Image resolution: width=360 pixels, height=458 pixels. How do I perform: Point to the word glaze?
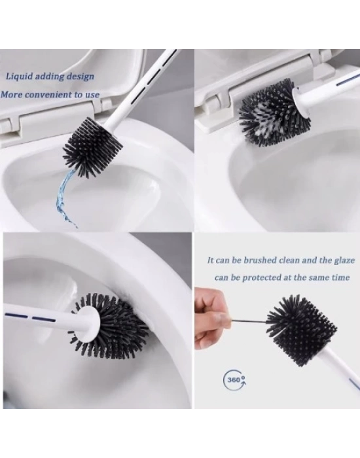[344, 260]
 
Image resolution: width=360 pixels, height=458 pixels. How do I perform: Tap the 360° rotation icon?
[234, 379]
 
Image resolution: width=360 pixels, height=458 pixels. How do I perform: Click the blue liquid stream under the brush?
[65, 199]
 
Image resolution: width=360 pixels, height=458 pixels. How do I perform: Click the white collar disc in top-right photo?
[301, 102]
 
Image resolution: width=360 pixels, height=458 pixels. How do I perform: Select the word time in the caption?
[340, 277]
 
